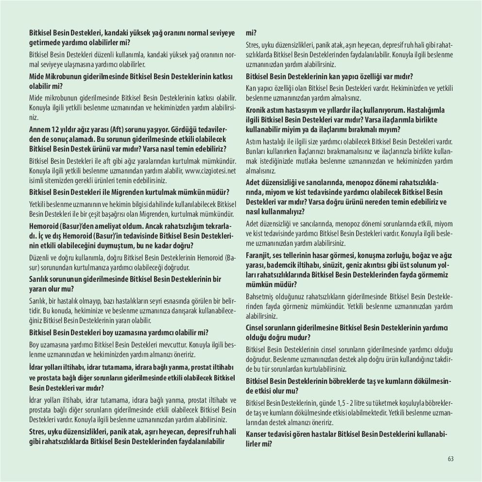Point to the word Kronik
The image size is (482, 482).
coord(257,110)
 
